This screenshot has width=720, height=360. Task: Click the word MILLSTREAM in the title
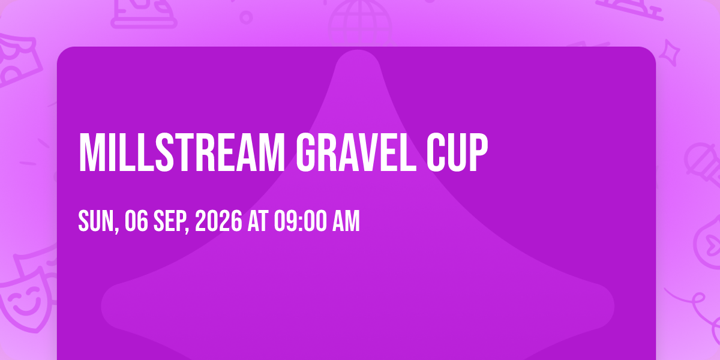point(182,152)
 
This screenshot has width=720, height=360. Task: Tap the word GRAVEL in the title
point(356,152)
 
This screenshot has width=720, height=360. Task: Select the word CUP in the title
point(457,152)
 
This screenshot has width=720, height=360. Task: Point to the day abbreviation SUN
point(98,221)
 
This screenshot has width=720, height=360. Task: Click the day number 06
point(136,221)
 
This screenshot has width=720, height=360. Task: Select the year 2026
point(218,221)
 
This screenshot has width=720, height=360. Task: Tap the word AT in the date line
point(258,221)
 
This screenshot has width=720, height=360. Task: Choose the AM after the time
point(346,221)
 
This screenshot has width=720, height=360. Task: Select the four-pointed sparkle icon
point(670,53)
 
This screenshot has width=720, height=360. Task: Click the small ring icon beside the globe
point(246,17)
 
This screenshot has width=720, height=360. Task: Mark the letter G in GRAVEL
point(305,152)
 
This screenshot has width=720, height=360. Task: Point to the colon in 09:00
point(301,223)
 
